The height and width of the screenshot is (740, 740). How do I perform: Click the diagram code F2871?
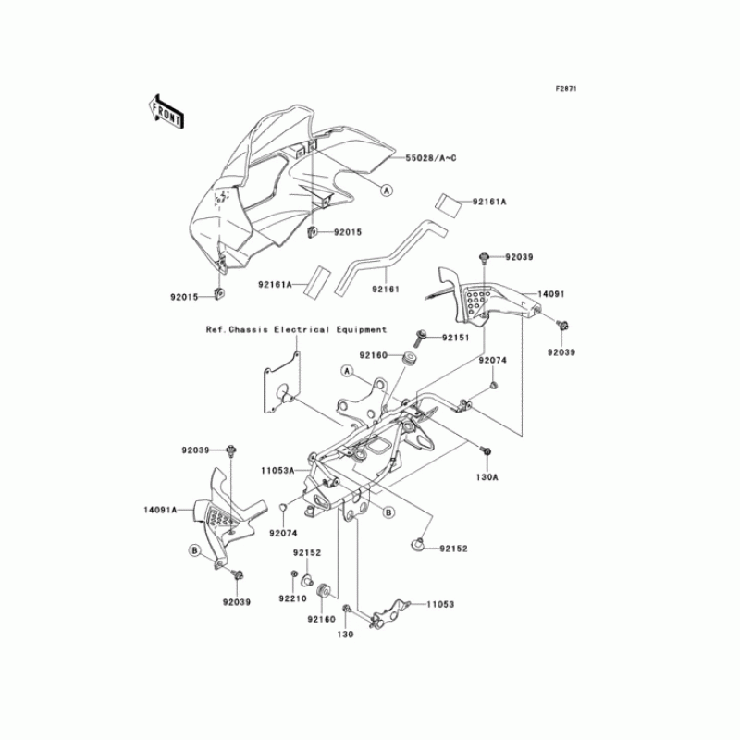[566, 89]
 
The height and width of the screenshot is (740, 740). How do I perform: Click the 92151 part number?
[456, 338]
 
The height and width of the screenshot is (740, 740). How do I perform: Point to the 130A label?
[487, 477]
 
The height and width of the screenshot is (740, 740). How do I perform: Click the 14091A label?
[164, 510]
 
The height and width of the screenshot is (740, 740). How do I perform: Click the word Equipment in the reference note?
[358, 329]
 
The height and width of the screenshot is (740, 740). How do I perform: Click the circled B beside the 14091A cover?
[196, 550]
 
